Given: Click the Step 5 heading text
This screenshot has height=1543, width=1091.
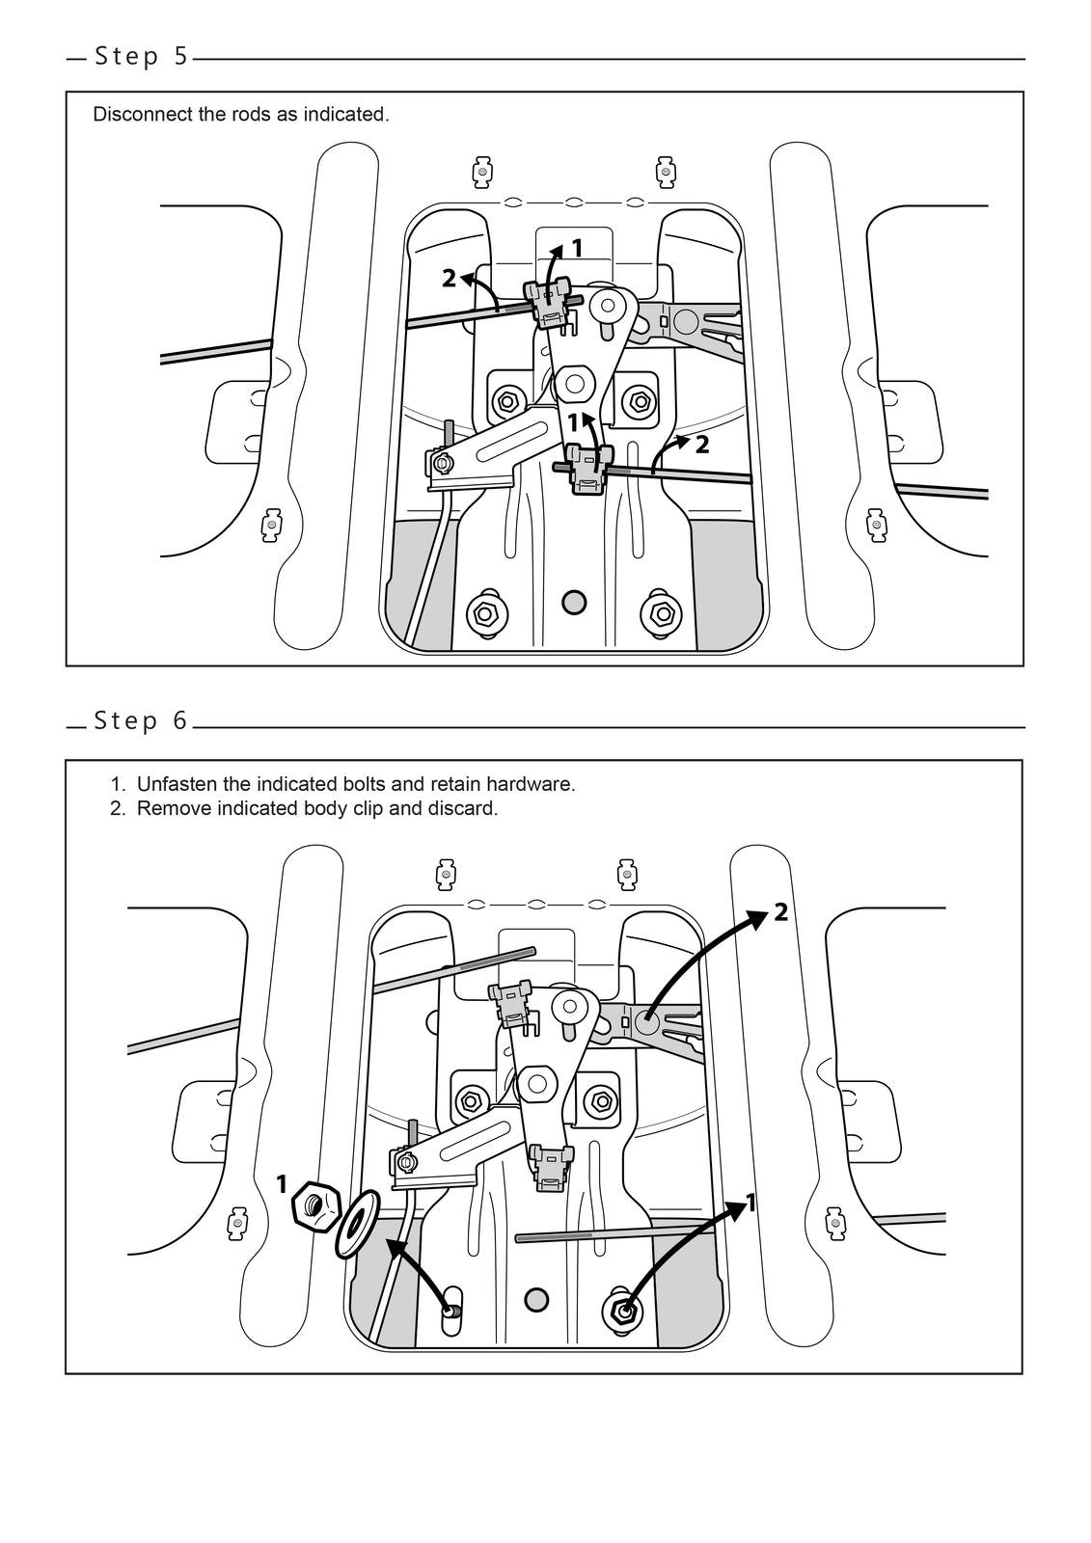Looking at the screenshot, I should [141, 57].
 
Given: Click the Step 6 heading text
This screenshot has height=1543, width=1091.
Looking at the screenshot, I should [141, 721].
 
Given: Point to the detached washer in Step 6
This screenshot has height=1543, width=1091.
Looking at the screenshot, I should [356, 1224].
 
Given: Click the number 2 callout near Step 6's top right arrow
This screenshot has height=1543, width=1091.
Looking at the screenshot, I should [780, 912].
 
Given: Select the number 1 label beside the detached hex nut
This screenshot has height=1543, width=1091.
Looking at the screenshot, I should [282, 1184].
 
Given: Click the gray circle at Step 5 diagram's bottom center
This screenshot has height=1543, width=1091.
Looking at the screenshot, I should [574, 602].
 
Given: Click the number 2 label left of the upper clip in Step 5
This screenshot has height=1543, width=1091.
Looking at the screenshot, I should [449, 279].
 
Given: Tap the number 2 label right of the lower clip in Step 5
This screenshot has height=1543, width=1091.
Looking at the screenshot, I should [702, 445].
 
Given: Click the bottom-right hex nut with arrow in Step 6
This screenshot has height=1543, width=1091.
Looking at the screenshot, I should [623, 1310].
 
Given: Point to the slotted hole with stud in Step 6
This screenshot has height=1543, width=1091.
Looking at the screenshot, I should [450, 1310].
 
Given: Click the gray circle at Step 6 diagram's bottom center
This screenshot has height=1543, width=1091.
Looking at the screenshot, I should [536, 1299].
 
